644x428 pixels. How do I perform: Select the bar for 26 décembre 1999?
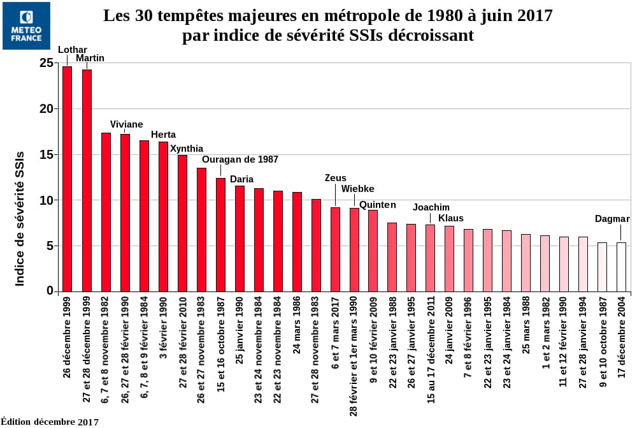(x=68, y=179)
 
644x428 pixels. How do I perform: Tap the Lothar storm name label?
(x=73, y=49)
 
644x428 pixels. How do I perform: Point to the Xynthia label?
(x=187, y=149)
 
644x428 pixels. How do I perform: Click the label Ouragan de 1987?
(x=240, y=159)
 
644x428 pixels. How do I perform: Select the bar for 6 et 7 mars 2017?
(x=335, y=249)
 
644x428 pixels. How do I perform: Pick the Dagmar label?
(x=612, y=219)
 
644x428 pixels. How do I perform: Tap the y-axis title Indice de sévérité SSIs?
(x=20, y=218)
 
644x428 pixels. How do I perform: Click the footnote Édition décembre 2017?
(x=50, y=422)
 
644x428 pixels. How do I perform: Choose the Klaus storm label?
(x=451, y=218)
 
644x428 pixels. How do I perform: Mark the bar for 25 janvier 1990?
(x=240, y=239)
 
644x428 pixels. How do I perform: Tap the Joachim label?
(x=431, y=207)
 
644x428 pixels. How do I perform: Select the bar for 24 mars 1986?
(x=297, y=242)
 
